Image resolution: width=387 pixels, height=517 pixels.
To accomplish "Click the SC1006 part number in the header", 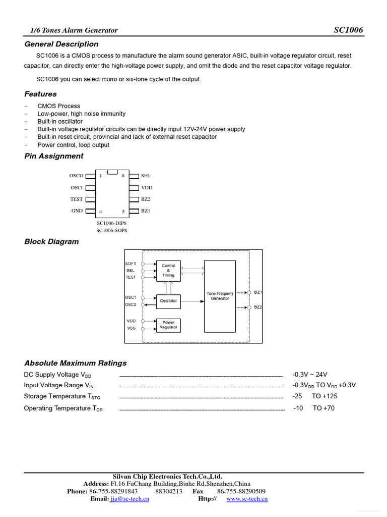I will point(348,30).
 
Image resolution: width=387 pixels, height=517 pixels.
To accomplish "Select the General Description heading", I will point(61,44).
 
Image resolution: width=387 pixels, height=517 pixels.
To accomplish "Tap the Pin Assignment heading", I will point(54,156).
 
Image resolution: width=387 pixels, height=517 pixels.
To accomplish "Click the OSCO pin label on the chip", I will point(77,176).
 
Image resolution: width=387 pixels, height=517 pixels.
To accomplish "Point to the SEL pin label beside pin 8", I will point(146,176).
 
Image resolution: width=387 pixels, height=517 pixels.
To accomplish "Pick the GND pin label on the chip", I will point(77,211).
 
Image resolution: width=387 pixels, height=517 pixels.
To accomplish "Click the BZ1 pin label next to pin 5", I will point(146,211).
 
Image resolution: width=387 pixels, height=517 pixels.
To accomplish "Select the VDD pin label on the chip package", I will point(147,187).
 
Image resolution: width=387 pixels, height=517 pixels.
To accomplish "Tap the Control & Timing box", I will point(168,271).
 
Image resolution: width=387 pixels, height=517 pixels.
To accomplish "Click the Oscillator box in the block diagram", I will point(168,301).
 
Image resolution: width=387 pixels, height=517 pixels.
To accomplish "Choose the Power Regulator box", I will point(168,325).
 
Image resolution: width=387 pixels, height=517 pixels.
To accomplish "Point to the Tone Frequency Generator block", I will point(220,296).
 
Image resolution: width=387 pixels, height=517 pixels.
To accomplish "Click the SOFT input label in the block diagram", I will point(131,264).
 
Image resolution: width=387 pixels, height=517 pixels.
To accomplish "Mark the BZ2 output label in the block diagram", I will point(257,307).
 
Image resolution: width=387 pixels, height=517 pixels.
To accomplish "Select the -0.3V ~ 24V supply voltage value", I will point(310,375).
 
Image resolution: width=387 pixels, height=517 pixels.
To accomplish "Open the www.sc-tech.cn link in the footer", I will point(247,499).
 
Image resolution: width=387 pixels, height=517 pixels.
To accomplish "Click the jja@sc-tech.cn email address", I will point(130,499).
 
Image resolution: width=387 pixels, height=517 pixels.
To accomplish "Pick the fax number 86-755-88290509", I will point(241,491).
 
